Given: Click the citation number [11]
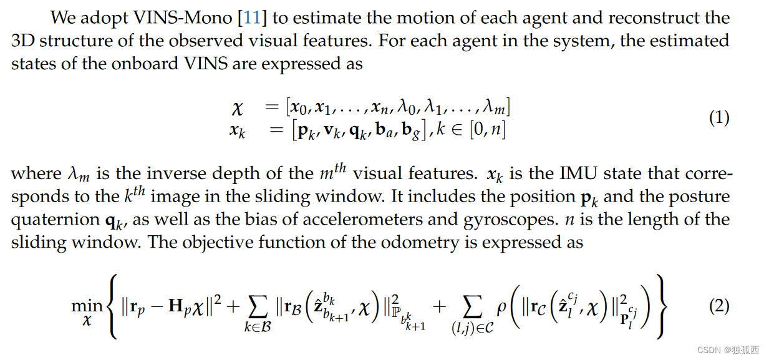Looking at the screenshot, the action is [253, 17].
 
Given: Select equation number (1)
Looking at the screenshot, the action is [719, 119].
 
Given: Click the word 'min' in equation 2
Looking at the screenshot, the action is [87, 306].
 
